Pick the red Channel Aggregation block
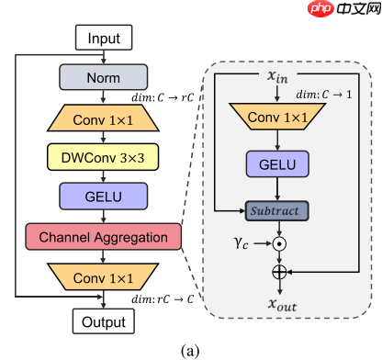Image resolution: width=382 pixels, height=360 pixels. [x=104, y=237]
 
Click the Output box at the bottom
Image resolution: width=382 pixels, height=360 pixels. [x=104, y=321]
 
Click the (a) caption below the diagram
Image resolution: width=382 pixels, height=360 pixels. [x=189, y=349]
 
